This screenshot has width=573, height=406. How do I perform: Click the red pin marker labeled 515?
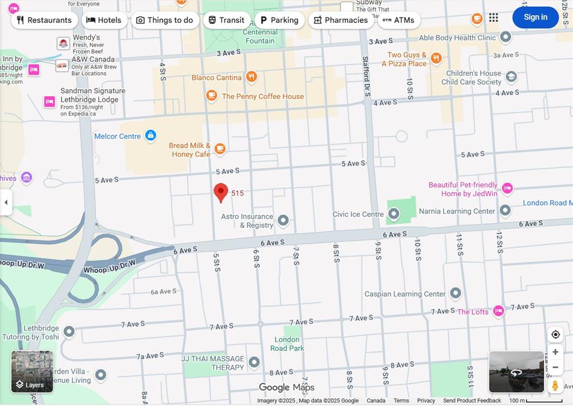click(x=221, y=192)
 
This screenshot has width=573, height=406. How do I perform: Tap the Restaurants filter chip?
click(x=44, y=20)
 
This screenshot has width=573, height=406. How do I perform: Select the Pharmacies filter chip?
click(x=341, y=20)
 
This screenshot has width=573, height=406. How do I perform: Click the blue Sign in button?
click(x=535, y=17)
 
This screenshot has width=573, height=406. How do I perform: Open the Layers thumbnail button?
click(x=32, y=371)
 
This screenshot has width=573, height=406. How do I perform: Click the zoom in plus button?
click(x=555, y=352)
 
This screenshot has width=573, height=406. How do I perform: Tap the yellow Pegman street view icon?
click(x=555, y=385)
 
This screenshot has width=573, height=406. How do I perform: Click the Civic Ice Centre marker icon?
click(x=393, y=214)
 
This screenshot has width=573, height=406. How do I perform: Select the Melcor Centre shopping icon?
click(x=150, y=135)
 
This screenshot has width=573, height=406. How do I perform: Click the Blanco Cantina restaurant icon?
click(x=252, y=77)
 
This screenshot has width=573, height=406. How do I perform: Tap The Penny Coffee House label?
click(x=262, y=96)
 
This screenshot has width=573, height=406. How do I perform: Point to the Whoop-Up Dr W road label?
click(x=110, y=267)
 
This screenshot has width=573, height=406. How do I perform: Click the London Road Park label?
click(x=287, y=343)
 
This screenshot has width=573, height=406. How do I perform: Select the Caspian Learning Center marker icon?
click(x=455, y=293)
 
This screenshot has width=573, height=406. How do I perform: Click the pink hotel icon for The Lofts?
click(x=499, y=311)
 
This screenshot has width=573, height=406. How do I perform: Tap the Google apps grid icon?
click(x=493, y=18)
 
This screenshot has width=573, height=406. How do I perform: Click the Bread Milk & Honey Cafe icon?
click(x=220, y=149)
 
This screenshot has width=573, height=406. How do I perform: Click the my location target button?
click(x=555, y=334)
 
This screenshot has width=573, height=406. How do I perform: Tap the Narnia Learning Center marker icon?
click(x=505, y=210)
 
